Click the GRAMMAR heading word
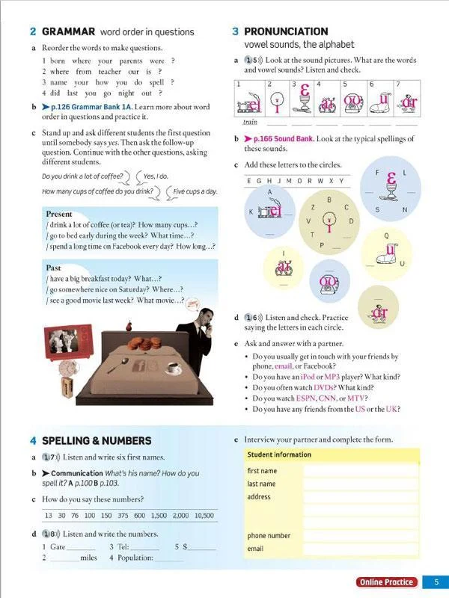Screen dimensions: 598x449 pos(68,31)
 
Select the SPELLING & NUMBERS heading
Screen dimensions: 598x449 pos(97,440)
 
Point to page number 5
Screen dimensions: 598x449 pos(436,582)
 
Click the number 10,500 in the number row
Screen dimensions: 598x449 pos(204,516)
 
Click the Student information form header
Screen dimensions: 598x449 pos(279,454)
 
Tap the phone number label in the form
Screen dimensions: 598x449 pos(269,536)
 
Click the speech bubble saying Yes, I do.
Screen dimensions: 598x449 pos(156,176)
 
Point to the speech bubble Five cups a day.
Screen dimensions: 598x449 pos(195,191)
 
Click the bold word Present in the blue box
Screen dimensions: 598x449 pos(59,214)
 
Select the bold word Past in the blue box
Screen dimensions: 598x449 pos(53,268)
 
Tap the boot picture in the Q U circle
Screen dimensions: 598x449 pos(386,255)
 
